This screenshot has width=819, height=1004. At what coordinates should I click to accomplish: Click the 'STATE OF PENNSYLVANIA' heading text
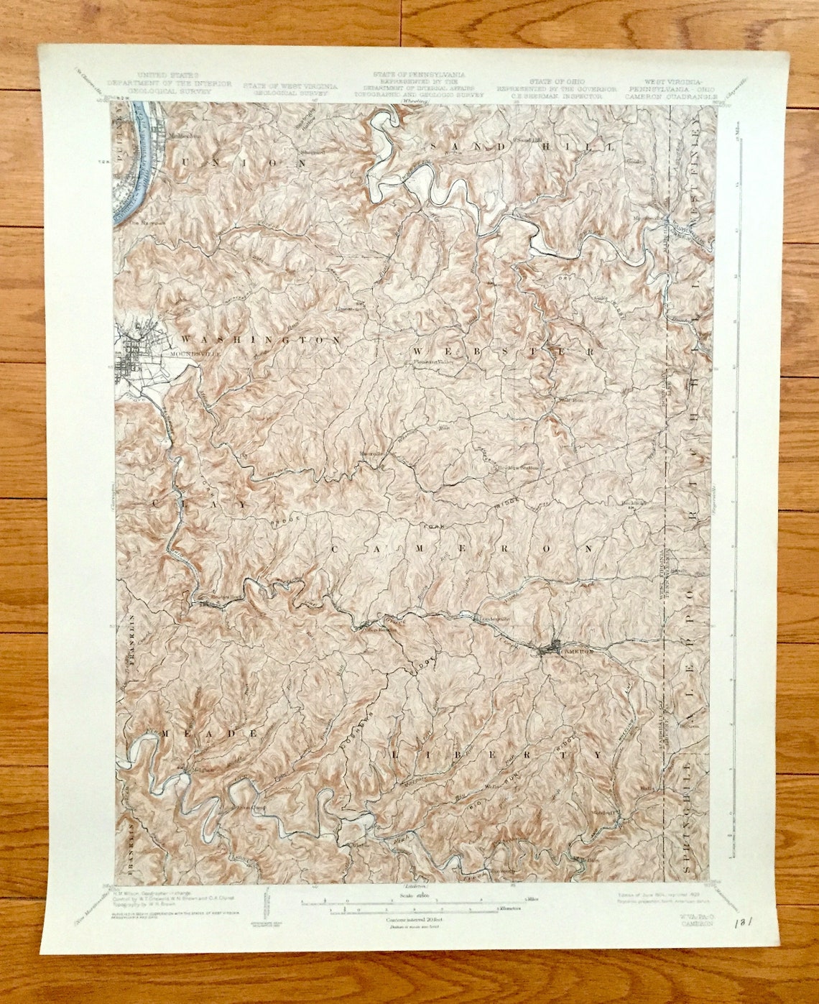(x=419, y=75)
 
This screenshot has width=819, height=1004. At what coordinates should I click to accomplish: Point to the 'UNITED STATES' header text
(x=170, y=75)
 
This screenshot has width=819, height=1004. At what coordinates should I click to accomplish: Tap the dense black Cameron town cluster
(x=549, y=650)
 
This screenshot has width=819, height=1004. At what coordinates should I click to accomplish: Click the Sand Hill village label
(x=523, y=139)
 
